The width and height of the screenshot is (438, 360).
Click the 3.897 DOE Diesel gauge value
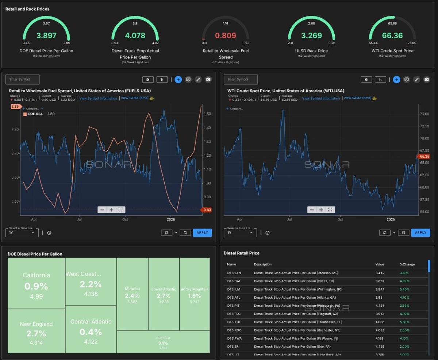pyautogui.click(x=46, y=35)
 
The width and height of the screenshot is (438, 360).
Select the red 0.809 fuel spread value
pyautogui.click(x=225, y=35)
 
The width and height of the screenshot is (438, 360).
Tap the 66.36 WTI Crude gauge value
pyautogui.click(x=392, y=35)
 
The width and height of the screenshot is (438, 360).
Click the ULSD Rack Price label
pyautogui.click(x=311, y=51)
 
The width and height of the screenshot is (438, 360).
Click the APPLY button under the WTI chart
pyautogui.click(x=420, y=233)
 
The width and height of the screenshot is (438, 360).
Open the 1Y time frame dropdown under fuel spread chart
pyautogui.click(x=22, y=233)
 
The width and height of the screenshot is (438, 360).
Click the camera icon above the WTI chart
pyautogui.click(x=426, y=80)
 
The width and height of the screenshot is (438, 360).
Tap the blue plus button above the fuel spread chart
pyautogui.click(x=178, y=80)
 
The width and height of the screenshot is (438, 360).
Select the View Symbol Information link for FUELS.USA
pyautogui.click(x=98, y=99)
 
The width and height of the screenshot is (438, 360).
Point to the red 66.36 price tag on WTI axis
pyautogui.click(x=423, y=156)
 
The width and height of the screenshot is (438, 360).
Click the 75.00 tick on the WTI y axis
pyautogui.click(x=424, y=114)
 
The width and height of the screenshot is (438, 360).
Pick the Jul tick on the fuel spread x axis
pyautogui.click(x=79, y=219)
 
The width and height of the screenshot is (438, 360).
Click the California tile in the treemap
pyautogui.click(x=36, y=283)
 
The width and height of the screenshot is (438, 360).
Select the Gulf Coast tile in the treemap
pyautogui.click(x=163, y=342)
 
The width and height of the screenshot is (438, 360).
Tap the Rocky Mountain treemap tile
pyautogui.click(x=195, y=294)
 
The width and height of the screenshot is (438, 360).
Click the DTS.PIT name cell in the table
pyautogui.click(x=234, y=306)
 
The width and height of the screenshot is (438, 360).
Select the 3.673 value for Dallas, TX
pyautogui.click(x=380, y=281)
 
